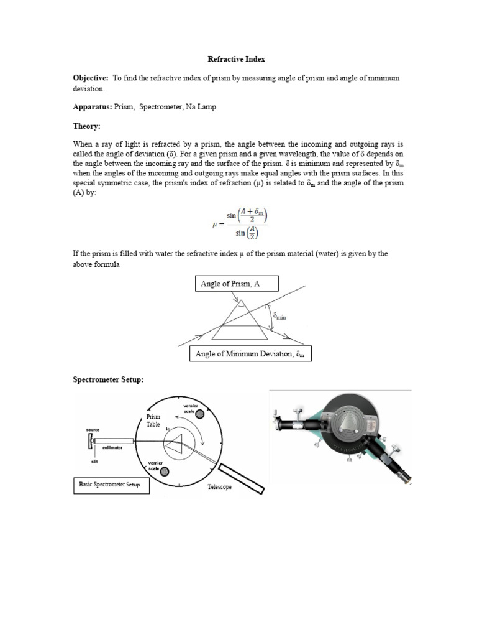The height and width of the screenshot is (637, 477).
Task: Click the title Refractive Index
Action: coord(236,59)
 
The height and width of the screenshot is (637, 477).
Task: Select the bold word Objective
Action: coord(90,78)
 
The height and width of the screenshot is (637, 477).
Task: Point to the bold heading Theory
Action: coord(86,126)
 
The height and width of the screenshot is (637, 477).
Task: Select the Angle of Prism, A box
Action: coord(237,284)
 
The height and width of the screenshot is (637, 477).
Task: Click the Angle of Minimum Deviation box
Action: coord(250,354)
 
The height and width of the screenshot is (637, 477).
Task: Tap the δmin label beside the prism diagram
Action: coord(279,317)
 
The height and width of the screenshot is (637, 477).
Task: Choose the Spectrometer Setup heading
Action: coord(108,379)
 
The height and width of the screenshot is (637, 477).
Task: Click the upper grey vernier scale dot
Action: coord(199,422)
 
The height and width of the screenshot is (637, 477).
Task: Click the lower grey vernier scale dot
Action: coord(164,472)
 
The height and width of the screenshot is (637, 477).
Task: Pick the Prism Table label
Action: coord(153,421)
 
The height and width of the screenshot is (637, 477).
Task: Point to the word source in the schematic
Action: coord(94,429)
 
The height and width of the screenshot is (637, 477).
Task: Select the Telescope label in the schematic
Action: coord(219,487)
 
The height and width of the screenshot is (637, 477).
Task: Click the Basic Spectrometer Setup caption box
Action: coord(112,484)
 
